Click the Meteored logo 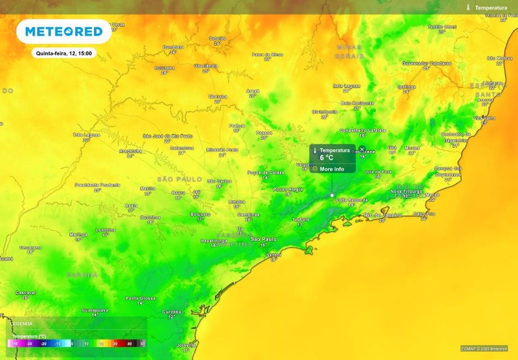pyautogui.click(x=64, y=32)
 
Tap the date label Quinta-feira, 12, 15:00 pyautogui.click(x=63, y=53)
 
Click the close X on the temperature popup pyautogui.click(x=362, y=149)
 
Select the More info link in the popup pyautogui.click(x=332, y=169)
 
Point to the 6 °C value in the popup pyautogui.click(x=327, y=158)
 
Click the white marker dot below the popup pyautogui.click(x=332, y=195)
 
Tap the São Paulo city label pyautogui.click(x=263, y=239)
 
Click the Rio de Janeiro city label pyautogui.click(x=383, y=215)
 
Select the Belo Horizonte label pyautogui.click(x=357, y=103)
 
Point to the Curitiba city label pyautogui.click(x=172, y=312)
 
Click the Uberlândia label pyautogui.click(x=206, y=66)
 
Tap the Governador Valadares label pyautogui.click(x=427, y=63)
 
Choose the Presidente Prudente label pyautogui.click(x=97, y=184)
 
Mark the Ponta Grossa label pyautogui.click(x=140, y=298)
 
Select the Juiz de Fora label pyautogui.click(x=378, y=171)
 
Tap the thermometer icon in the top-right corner pyautogui.click(x=469, y=8)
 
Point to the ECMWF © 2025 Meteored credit pyautogui.click(x=484, y=349)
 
